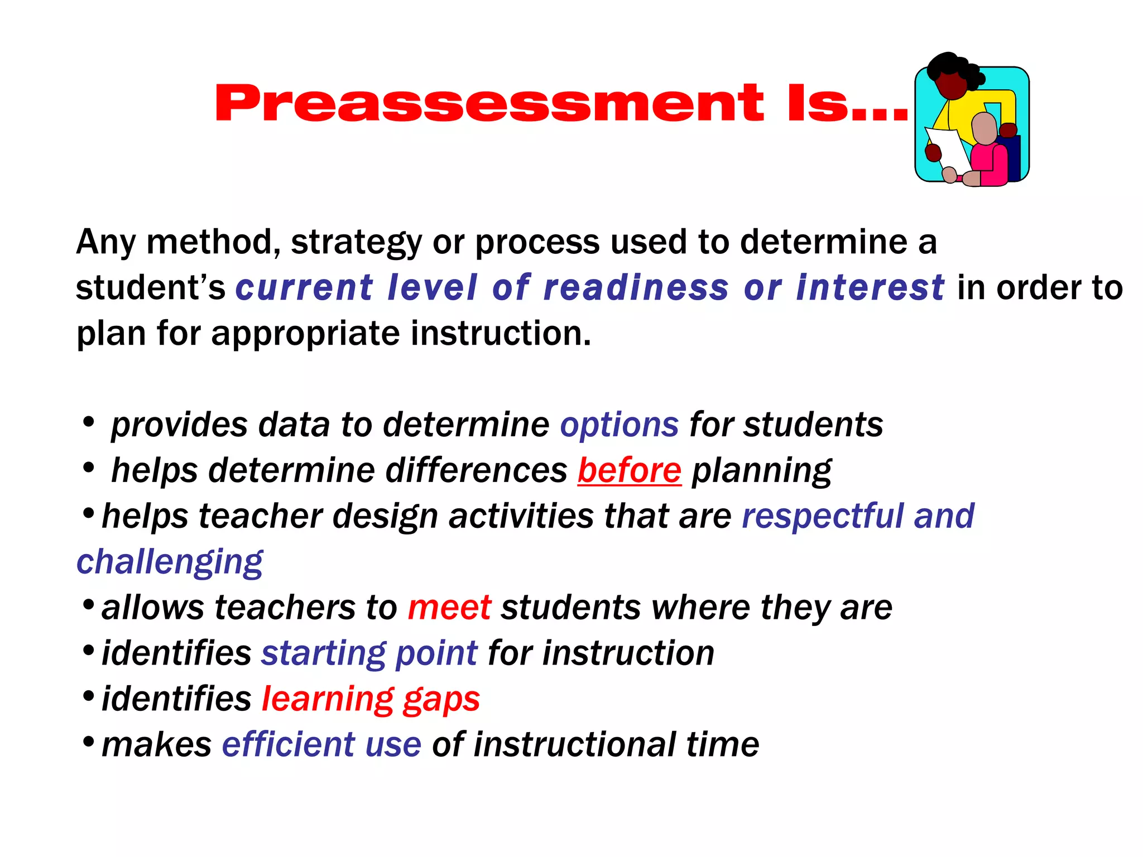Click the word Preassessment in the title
(x=489, y=103)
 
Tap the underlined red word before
(x=629, y=470)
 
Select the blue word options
(x=619, y=425)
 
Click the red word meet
(x=449, y=608)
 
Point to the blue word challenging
(x=169, y=562)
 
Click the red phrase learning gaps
(x=371, y=699)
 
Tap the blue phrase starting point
(x=369, y=653)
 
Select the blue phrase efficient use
(x=321, y=745)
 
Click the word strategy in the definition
(x=356, y=242)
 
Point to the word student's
(x=150, y=288)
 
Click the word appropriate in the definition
(x=305, y=334)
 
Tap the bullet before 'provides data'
(x=88, y=422)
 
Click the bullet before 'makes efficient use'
(x=88, y=742)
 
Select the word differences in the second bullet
(x=476, y=470)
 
